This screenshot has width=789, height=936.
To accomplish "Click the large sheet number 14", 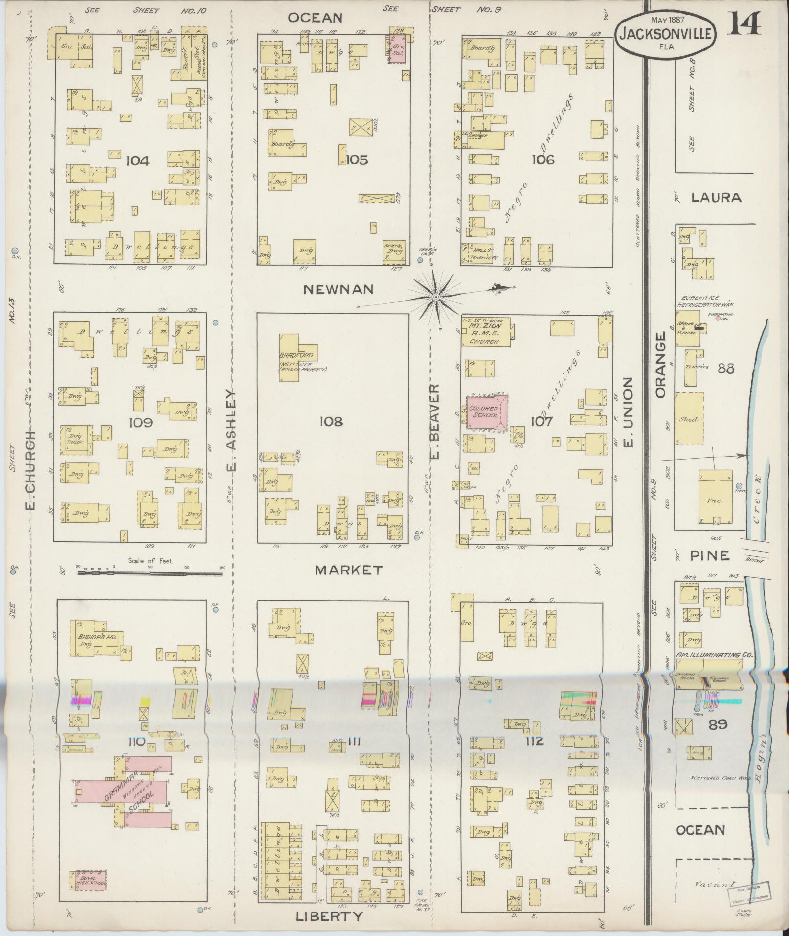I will [744, 23].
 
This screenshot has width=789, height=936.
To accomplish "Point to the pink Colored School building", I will [487, 411].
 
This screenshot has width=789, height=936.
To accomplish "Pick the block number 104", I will [137, 160].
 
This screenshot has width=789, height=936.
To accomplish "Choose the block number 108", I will [331, 421].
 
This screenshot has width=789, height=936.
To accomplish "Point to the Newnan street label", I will [338, 289].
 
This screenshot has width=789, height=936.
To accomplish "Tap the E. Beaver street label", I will [434, 421].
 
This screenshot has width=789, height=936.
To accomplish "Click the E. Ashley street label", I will [231, 430].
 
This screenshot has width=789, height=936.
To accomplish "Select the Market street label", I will [348, 570].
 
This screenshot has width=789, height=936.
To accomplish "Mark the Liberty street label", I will [329, 916].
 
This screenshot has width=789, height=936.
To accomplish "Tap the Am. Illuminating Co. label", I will [714, 655].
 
